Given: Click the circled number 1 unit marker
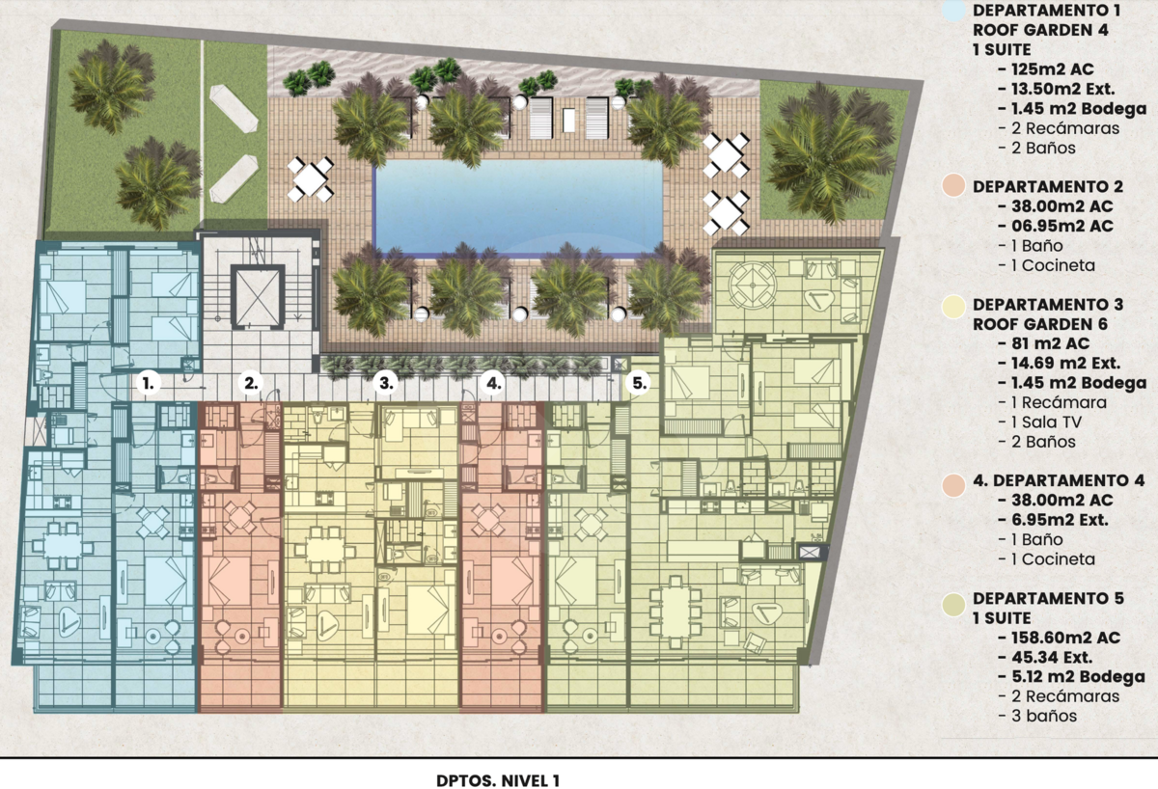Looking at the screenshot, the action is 149,384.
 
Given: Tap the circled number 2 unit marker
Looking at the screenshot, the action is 251,384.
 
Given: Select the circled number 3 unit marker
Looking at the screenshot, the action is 386,384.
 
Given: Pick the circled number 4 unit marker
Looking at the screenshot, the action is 493,384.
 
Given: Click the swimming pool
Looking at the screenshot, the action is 518,207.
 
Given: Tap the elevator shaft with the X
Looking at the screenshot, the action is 258,297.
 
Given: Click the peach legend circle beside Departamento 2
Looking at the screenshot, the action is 953,186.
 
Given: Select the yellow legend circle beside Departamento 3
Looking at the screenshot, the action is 953,307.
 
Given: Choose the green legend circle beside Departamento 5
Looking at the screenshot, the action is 953,605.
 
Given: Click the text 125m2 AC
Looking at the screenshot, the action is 1044,69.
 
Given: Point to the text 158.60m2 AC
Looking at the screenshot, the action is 1059,638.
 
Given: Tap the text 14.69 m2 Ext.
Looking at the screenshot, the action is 1059,364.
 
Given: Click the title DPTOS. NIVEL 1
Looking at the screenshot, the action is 498,780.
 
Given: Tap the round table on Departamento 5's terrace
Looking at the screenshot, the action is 752,285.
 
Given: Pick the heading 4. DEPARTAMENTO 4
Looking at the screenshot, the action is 1059,480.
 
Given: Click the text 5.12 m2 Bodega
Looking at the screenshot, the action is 1072,677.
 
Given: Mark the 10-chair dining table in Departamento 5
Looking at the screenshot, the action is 675,612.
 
